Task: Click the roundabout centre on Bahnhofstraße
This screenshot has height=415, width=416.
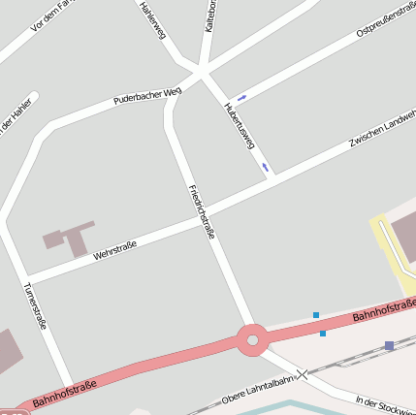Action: [252, 339]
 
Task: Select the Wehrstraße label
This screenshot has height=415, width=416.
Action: [114, 250]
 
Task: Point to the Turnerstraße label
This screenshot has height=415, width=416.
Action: [35, 306]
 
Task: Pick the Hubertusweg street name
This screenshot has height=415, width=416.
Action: [240, 125]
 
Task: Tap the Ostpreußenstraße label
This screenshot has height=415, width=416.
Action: [385, 19]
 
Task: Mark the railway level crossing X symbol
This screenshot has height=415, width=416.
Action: [303, 373]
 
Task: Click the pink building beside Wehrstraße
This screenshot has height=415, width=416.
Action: [69, 237]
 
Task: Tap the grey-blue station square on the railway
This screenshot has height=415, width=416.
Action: [389, 345]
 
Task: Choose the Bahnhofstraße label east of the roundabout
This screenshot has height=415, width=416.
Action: [383, 311]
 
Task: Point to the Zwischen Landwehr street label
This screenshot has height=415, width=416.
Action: [382, 133]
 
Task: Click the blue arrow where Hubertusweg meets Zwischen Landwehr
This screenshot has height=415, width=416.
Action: [265, 167]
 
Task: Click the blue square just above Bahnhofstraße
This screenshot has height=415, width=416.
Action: [316, 314]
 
